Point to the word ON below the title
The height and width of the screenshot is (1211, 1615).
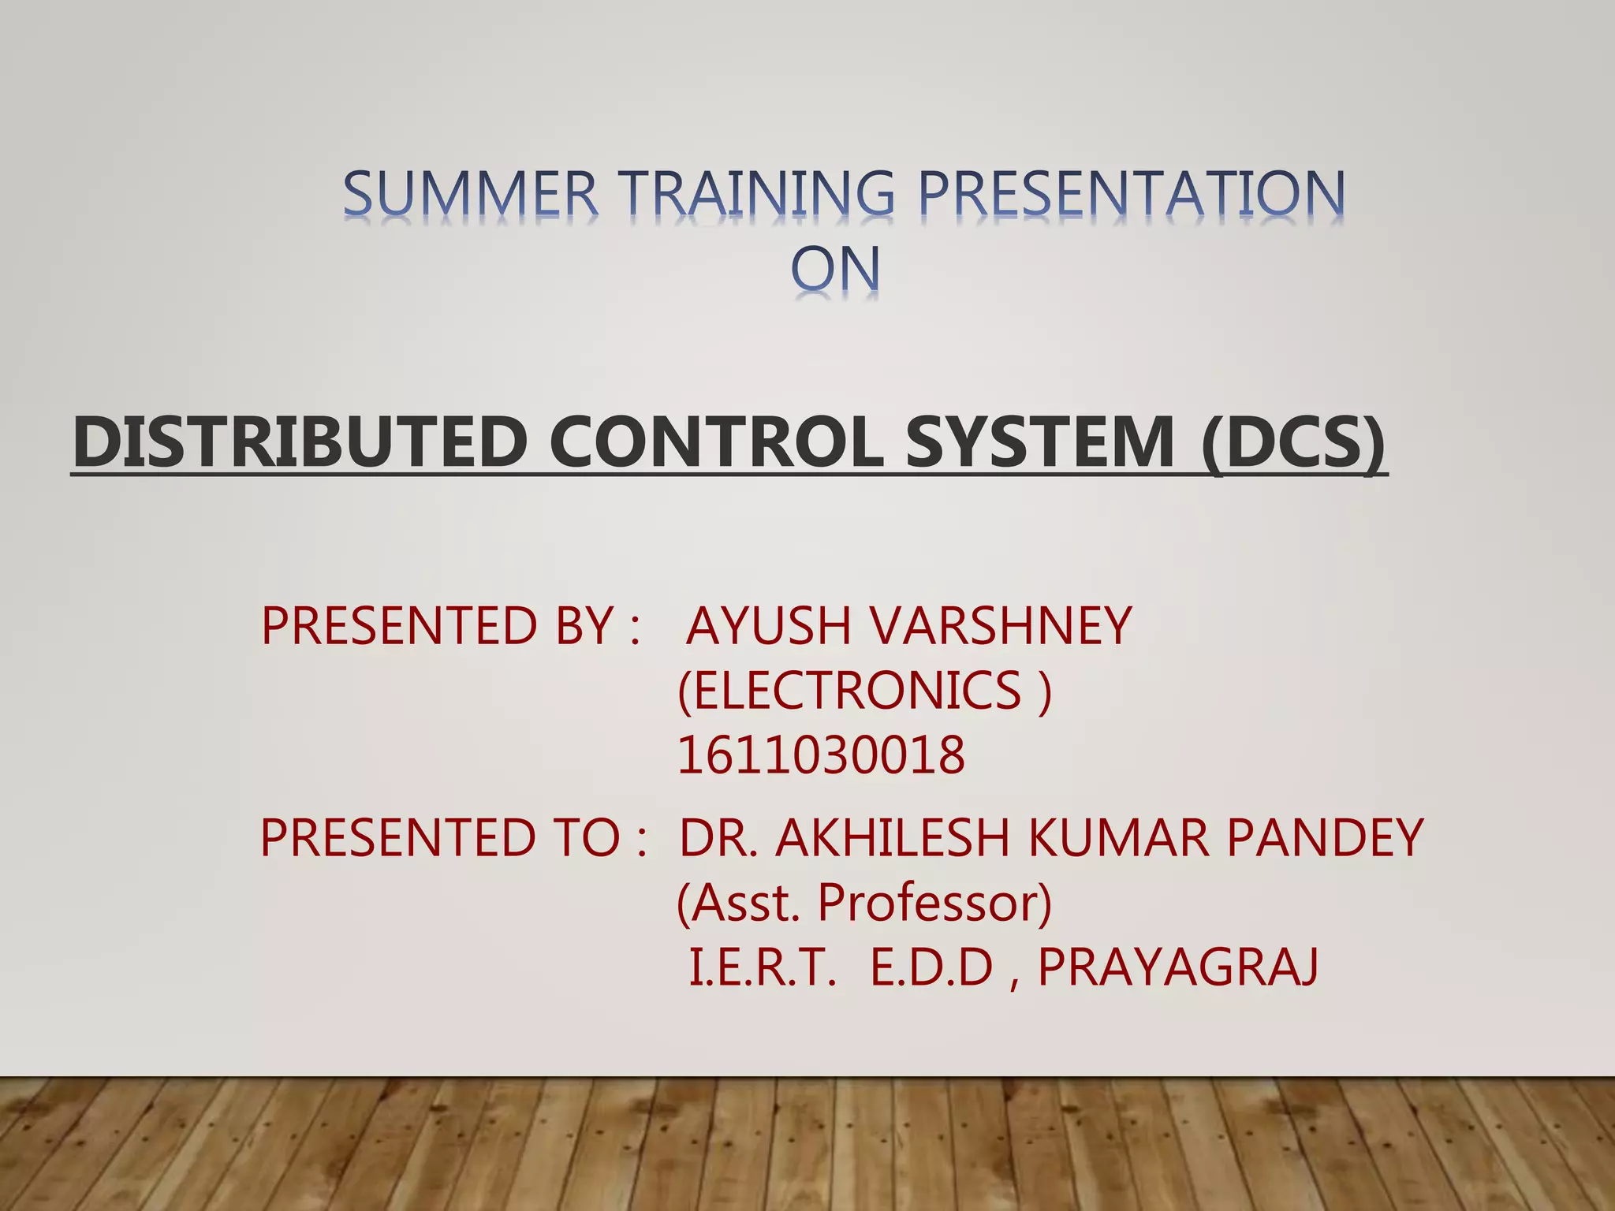[835, 270]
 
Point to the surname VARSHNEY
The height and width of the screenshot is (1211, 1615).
[1001, 626]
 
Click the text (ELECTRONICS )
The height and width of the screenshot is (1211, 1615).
[864, 691]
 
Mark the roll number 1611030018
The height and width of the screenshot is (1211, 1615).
[821, 755]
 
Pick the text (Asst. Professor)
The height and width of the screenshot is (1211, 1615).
[864, 903]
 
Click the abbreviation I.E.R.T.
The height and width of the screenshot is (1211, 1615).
[762, 968]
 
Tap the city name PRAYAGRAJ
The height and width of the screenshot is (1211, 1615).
[1178, 968]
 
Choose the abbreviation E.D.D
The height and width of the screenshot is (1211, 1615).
[931, 968]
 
